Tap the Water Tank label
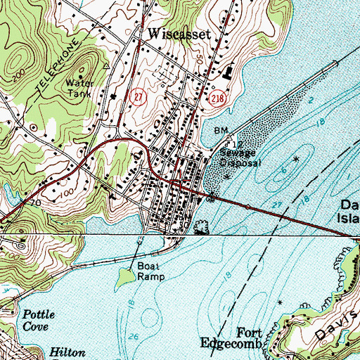[79, 86]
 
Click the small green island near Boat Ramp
[124, 279]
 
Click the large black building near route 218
[227, 71]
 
